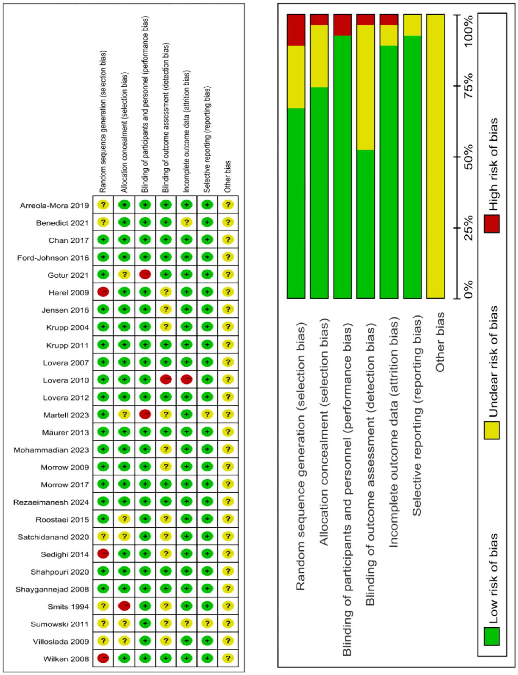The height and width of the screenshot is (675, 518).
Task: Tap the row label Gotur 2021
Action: (68, 275)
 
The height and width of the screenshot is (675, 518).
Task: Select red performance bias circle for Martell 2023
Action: (145, 414)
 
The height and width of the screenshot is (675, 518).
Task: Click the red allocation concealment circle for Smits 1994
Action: (124, 606)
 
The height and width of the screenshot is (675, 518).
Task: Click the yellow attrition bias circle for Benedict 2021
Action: (187, 222)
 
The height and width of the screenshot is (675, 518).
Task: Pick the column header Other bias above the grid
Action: (227, 176)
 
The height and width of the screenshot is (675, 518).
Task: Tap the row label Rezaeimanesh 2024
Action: (51, 502)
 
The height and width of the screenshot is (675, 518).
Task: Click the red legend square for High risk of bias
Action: (492, 223)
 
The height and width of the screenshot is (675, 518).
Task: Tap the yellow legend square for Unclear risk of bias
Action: (492, 430)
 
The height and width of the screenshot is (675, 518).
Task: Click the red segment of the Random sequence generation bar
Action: (296, 30)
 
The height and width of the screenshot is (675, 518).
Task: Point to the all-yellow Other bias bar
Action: (435, 156)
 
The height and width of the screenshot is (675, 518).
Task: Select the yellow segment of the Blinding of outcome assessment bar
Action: (365, 87)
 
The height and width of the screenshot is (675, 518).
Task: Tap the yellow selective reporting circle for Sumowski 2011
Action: (207, 624)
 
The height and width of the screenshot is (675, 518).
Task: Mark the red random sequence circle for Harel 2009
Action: (103, 292)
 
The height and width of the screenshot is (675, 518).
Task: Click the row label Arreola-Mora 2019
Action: (54, 206)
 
